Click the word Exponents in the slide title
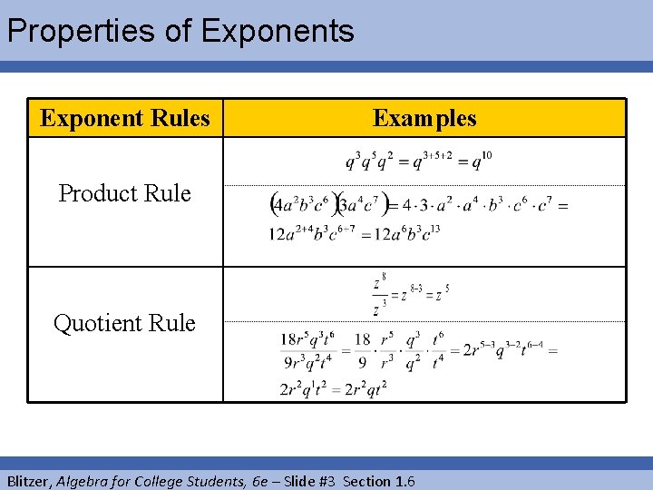pos(278,31)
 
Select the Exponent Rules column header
pos(125,118)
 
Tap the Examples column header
pos(424,118)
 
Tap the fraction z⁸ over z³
pos(381,295)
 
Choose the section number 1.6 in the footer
pos(404,481)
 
